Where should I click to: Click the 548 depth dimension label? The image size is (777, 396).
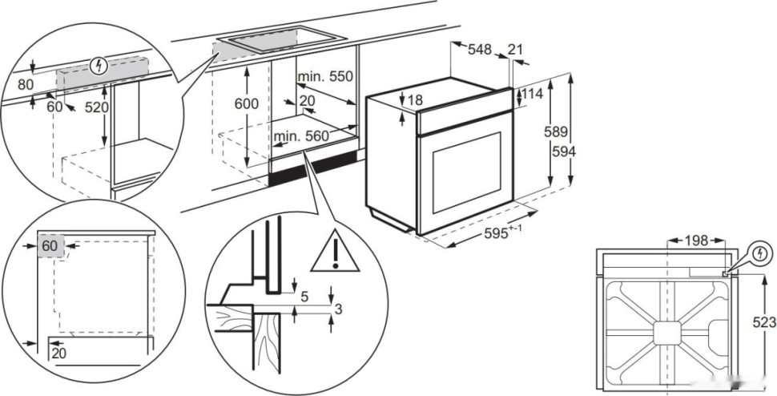(479, 50)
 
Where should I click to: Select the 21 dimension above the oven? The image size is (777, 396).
(515, 50)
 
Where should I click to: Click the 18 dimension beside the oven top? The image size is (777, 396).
(413, 100)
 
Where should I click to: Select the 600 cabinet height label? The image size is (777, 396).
(246, 104)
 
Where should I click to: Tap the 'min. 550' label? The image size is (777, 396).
(325, 77)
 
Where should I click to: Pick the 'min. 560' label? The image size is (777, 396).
(301, 136)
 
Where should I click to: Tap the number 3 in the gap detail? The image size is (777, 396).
(340, 309)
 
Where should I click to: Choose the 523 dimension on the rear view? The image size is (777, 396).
(764, 322)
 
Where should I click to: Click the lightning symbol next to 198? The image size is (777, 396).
(760, 254)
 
